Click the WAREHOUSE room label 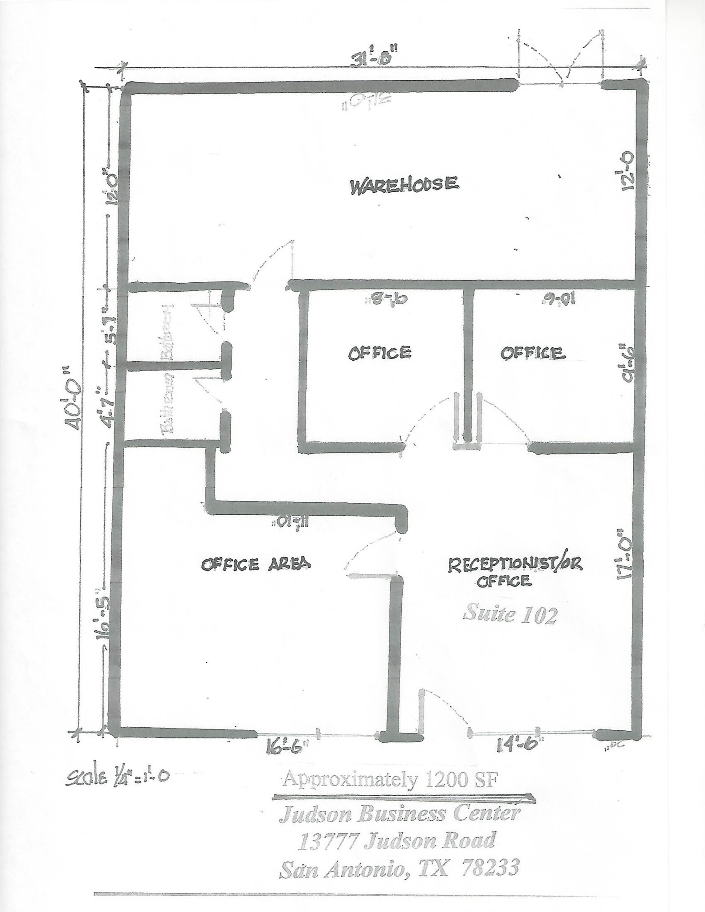click(x=404, y=184)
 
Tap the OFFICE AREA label click(x=256, y=564)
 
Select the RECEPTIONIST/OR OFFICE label click(x=514, y=572)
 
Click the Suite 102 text click(x=510, y=616)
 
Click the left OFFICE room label click(x=379, y=353)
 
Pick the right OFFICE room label click(x=533, y=354)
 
